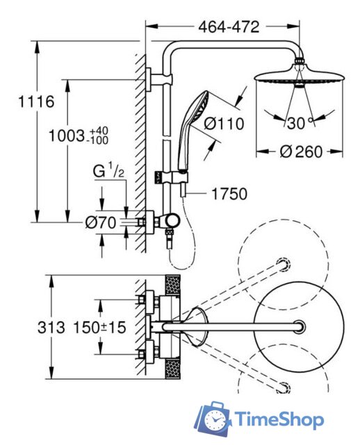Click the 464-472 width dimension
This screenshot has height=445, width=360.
click(x=229, y=27)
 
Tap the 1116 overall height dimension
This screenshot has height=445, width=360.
click(x=36, y=102)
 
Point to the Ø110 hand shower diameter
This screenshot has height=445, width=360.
click(x=224, y=124)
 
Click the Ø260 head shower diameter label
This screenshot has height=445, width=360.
click(x=301, y=152)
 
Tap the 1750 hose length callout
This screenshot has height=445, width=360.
click(x=229, y=194)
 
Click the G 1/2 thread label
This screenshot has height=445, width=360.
click(x=108, y=172)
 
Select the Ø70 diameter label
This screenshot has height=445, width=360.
click(x=101, y=222)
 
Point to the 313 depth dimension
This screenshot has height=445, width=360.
click(x=51, y=327)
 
